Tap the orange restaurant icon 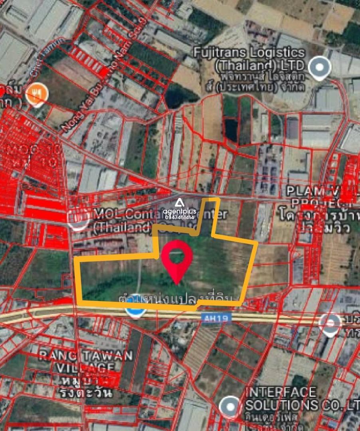point(37,95)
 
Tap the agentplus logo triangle point(179,203)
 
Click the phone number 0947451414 point(179,217)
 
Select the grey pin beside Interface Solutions point(230,406)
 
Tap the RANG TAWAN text point(85,356)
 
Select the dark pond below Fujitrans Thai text point(231,129)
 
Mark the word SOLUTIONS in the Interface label point(281,405)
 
